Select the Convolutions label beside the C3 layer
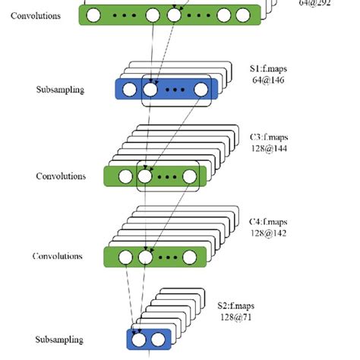(60, 176)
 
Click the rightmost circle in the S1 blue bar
(201, 90)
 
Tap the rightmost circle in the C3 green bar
(192, 177)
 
